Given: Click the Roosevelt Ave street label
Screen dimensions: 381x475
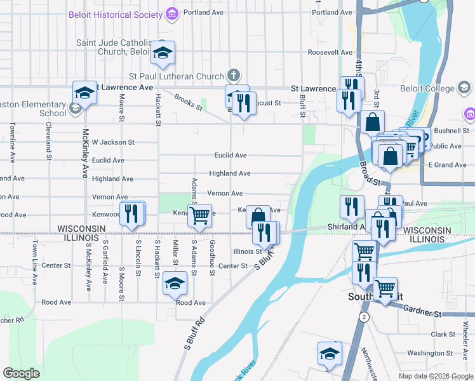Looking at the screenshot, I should tap(330, 52).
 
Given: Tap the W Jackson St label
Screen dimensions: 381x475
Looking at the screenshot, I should tap(113, 142).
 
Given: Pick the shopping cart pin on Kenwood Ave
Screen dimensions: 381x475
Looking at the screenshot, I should tap(200, 215).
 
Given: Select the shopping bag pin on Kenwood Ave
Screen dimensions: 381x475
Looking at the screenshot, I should tap(258, 216).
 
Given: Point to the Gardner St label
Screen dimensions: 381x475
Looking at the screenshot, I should tap(428, 313).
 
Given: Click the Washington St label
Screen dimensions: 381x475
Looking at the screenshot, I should tap(430, 353).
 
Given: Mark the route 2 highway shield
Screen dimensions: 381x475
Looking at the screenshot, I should tap(363, 316).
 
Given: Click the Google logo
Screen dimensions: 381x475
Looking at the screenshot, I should tap(21, 373).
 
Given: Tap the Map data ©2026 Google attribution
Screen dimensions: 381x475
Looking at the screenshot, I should tap(436, 376).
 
